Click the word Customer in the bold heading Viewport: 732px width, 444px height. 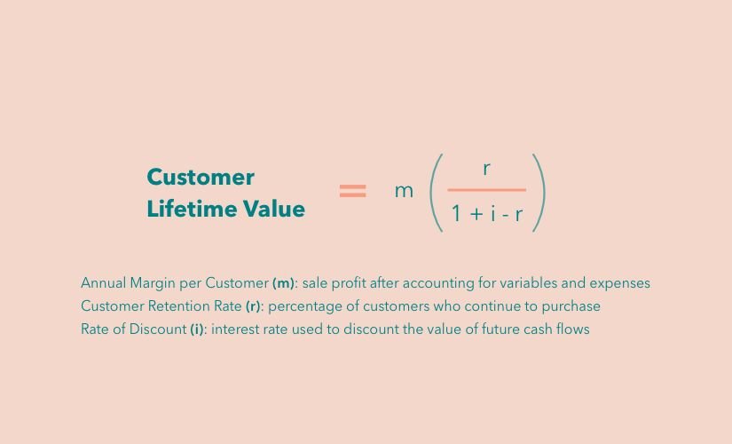coord(201,177)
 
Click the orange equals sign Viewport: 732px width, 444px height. coord(353,191)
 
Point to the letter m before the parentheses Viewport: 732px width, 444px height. coord(405,191)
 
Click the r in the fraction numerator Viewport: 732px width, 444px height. coord(486,168)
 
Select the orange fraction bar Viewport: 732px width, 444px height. coord(487,190)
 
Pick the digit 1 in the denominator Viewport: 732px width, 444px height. coord(457,214)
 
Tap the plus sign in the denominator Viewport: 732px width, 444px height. coord(476,214)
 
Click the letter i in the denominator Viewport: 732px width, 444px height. coord(493,214)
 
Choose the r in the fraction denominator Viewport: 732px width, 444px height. coord(519,215)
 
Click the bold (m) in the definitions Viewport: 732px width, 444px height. coord(283,283)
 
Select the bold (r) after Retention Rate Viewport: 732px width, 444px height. coord(253,306)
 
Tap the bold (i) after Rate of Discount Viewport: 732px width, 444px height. coord(197,329)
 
